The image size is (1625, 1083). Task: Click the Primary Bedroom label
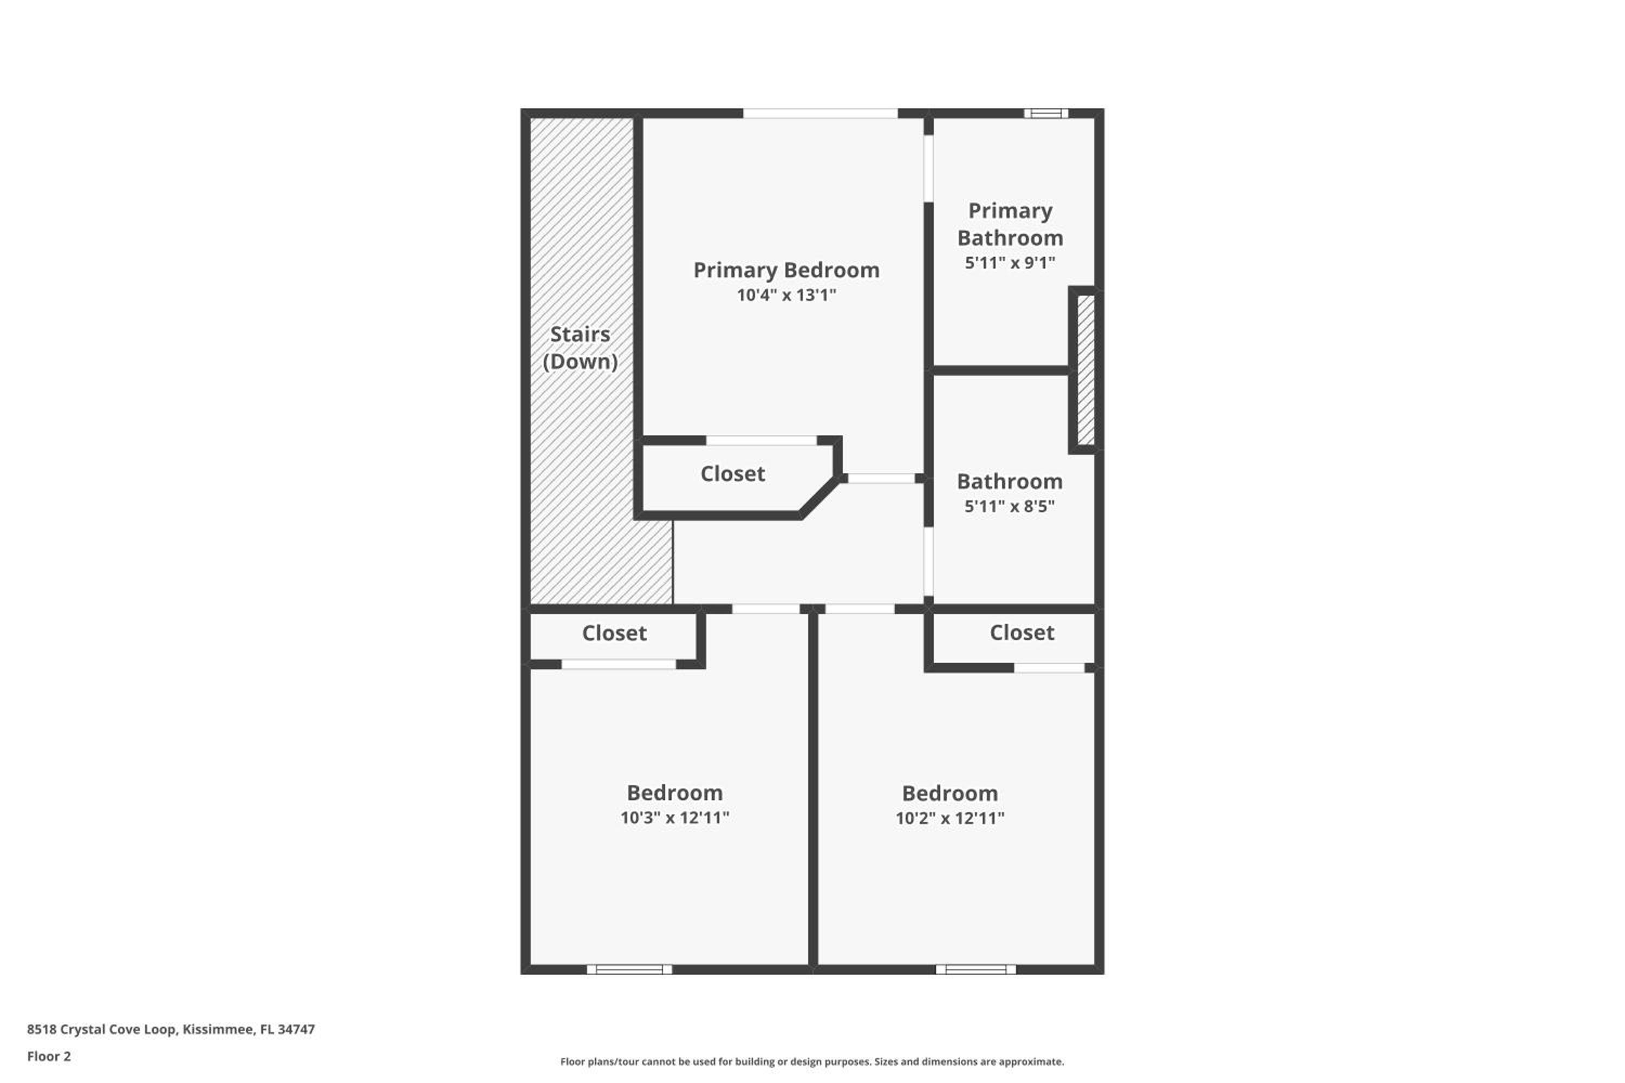coord(786,270)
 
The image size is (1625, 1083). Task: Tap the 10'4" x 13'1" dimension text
coord(786,295)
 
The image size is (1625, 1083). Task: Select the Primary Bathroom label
coord(1010,224)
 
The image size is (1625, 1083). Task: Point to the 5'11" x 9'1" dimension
coord(1010,263)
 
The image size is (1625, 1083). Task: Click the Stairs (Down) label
coord(580,348)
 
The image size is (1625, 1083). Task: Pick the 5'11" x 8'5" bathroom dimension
coord(1010,506)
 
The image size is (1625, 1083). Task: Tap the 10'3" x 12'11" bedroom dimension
coord(675,818)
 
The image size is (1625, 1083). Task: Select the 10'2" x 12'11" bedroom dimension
coord(950,818)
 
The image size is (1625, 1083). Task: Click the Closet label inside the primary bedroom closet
coord(733,474)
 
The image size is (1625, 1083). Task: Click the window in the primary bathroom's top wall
coord(1046,113)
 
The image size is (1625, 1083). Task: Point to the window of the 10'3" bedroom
coord(629,970)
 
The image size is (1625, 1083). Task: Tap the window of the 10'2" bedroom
coord(976,970)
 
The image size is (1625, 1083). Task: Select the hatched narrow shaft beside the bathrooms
coord(1086,369)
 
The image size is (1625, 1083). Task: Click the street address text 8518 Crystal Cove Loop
coord(102,1029)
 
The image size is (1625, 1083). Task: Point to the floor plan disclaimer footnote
coord(812,1061)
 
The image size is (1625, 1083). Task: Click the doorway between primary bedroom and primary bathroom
coord(928,168)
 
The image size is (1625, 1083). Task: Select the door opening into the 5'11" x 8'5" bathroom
coord(928,562)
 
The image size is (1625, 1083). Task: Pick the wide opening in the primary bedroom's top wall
coord(820,113)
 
